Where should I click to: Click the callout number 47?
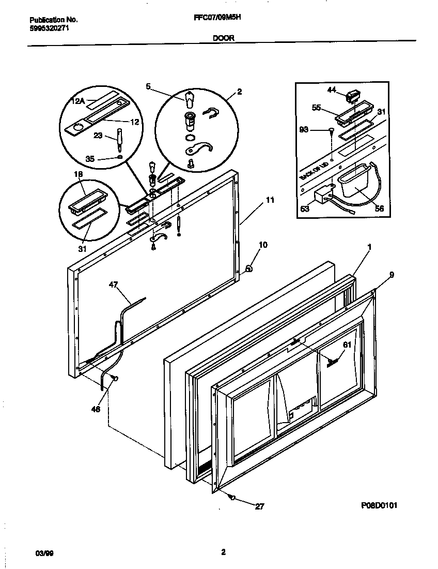113,284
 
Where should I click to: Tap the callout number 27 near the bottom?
259,506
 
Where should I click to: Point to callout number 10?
263,245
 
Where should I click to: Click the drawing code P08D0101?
380,505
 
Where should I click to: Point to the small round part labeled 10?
249,268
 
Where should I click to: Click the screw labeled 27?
231,497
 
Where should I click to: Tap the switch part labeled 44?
353,95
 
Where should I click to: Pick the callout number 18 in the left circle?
78,174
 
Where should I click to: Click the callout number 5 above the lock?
148,87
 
